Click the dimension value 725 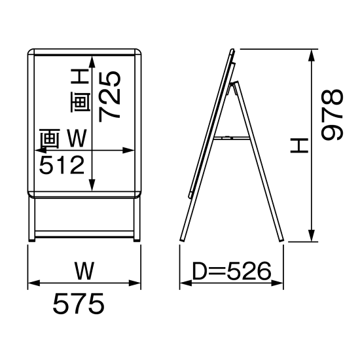coord(109,96)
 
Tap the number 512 coord(62,165)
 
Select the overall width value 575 coord(79,304)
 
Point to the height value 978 coord(332,115)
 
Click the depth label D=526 coord(232,271)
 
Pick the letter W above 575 coord(84,271)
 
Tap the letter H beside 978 coord(299,145)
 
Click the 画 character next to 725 coord(81,103)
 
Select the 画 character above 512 coord(50,139)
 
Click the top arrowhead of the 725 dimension coord(92,62)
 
